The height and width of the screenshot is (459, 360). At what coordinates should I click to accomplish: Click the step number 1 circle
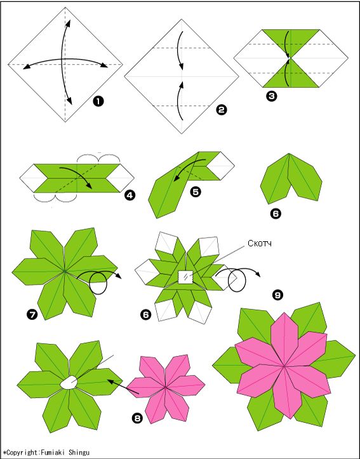[98, 102]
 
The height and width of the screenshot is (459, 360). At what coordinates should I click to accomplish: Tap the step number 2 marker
[221, 110]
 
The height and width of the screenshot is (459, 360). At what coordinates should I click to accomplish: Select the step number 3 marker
[272, 96]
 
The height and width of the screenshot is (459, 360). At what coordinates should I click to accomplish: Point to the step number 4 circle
[130, 195]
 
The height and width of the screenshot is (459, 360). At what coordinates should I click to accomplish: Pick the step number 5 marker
[196, 192]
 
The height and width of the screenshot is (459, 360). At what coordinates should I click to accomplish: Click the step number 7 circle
[31, 315]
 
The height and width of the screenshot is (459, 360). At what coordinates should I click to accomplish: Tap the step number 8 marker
[137, 418]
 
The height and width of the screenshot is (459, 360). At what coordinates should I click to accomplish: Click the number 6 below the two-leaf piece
[276, 214]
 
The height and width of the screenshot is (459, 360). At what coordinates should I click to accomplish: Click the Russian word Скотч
[260, 243]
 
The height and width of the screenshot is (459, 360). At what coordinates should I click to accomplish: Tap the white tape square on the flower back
[185, 277]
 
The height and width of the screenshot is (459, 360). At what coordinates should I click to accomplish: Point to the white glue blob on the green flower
[69, 382]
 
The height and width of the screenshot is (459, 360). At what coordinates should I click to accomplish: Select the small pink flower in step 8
[166, 389]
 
